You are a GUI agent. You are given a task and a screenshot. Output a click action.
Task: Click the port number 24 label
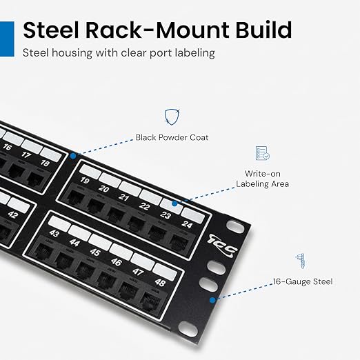coord(187,224)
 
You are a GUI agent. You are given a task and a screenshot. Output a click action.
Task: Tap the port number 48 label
coord(160,283)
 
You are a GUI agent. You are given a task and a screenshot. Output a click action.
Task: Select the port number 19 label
coord(85,180)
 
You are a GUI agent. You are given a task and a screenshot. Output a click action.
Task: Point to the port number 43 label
coord(54,233)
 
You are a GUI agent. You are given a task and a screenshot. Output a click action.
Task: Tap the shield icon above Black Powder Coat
coord(172,117)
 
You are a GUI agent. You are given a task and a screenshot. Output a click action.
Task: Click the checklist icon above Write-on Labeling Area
coord(263,153)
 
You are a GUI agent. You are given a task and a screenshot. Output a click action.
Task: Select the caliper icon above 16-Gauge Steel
coord(301,261)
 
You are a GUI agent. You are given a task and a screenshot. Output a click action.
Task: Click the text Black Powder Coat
coord(172,137)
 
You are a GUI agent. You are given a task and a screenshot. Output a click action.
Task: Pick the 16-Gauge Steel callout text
coord(303,281)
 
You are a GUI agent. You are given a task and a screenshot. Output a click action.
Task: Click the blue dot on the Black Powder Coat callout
coord(73,156)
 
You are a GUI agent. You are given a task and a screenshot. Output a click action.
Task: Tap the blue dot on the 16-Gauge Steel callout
coord(212,300)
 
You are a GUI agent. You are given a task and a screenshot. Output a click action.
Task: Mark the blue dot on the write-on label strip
coord(174,203)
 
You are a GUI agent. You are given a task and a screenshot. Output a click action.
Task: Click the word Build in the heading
coord(263,30)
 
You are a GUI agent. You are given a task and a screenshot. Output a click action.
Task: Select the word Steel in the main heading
coord(50,30)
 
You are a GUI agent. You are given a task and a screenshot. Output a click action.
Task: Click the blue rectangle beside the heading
coord(7,39)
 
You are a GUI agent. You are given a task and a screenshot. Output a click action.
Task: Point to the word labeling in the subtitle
coord(195,53)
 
